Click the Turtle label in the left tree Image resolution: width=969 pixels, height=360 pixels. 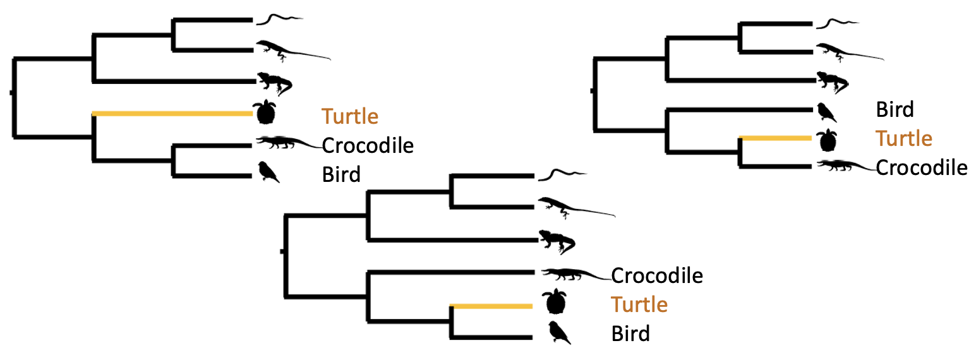(x=350, y=116)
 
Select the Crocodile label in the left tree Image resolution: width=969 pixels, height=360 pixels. (x=368, y=145)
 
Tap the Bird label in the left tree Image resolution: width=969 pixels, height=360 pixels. (x=341, y=174)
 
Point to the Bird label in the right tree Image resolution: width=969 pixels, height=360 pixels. (x=894, y=110)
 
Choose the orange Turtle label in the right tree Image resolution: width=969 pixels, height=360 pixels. (x=904, y=138)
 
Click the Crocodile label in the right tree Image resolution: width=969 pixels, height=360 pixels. (x=922, y=167)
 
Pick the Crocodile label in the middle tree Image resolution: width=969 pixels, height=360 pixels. (x=657, y=275)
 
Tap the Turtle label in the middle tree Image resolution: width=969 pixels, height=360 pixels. (x=639, y=304)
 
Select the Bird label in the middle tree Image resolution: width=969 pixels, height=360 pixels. (x=630, y=333)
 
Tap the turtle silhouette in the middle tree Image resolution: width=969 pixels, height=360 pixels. (x=554, y=302)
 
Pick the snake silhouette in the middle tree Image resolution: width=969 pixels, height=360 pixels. (x=561, y=174)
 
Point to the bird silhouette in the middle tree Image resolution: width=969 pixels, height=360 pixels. (x=558, y=332)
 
